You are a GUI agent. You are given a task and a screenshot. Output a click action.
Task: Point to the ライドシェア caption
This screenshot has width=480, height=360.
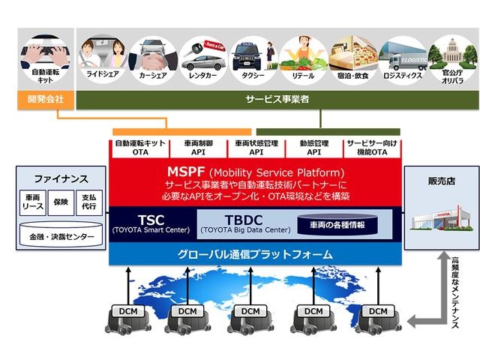101,76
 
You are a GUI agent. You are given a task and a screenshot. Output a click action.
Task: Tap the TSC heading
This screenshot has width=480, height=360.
135,213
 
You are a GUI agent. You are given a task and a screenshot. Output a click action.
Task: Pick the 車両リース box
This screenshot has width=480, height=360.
32,202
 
